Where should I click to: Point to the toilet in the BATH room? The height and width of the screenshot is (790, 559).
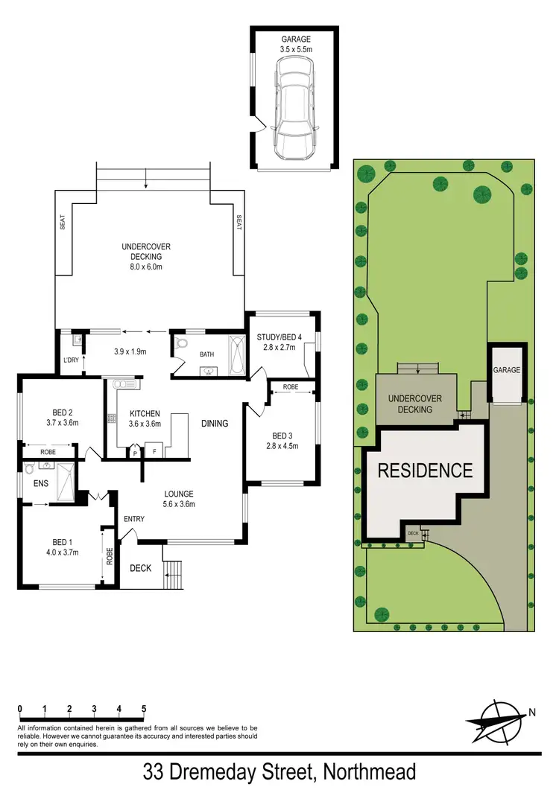point(181,345)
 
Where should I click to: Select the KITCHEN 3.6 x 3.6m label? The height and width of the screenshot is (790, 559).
point(145,418)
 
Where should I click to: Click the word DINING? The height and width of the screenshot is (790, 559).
point(215,423)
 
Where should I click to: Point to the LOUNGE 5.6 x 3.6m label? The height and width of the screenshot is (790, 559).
point(179,498)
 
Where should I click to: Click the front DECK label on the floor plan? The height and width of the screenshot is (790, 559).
point(141,568)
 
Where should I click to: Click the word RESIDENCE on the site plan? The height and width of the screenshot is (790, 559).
point(425,471)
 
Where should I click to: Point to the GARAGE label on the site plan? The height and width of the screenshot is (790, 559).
point(506,370)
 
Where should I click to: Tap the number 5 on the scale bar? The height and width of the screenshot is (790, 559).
point(143,708)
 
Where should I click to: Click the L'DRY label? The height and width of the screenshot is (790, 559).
point(71,361)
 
